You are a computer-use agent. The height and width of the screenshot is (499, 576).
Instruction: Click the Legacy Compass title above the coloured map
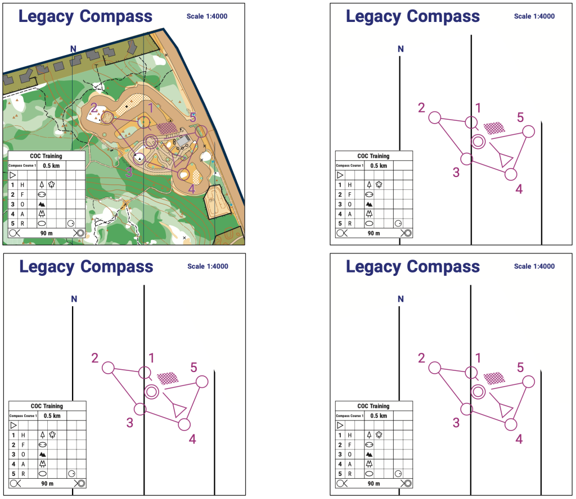85,16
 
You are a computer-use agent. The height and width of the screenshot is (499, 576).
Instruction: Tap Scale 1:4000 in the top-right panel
534,16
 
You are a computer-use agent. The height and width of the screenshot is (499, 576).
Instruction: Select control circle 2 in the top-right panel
434,117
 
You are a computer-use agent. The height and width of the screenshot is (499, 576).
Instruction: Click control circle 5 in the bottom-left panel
201,382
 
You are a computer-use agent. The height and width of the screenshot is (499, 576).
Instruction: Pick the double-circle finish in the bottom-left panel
151,392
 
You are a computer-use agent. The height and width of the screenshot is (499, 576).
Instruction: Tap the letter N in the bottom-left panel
74,299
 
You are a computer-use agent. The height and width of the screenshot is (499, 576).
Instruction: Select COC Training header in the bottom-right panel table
373,406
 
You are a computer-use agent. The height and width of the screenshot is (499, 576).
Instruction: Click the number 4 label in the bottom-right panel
519,439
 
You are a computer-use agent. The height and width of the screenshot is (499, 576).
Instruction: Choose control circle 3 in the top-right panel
466,158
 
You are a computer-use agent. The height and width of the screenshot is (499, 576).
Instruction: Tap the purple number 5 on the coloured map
193,117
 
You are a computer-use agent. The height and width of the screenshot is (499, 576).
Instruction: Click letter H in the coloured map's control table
22,184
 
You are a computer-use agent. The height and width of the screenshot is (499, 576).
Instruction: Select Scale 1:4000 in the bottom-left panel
208,266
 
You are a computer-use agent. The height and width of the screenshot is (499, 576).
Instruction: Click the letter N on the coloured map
73,49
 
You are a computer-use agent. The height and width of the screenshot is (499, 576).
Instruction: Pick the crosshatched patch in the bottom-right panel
494,378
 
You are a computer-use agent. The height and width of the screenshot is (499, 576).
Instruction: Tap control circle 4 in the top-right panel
511,174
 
